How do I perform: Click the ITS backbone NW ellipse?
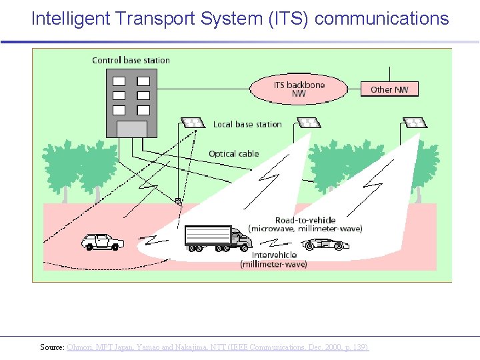click(x=299, y=89)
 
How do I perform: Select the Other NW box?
click(x=390, y=89)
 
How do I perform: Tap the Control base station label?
click(x=131, y=61)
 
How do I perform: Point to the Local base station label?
click(x=247, y=125)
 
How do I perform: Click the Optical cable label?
click(x=233, y=154)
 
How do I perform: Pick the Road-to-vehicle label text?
click(x=305, y=221)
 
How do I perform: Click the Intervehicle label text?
click(x=274, y=255)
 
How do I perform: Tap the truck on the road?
click(x=209, y=239)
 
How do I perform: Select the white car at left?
click(x=102, y=241)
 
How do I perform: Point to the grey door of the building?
click(x=131, y=129)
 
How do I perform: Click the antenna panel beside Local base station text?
click(x=193, y=123)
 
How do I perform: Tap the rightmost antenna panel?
click(x=415, y=123)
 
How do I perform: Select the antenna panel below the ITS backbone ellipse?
click(x=308, y=123)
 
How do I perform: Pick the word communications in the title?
click(x=381, y=19)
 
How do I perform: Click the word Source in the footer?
click(x=51, y=347)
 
